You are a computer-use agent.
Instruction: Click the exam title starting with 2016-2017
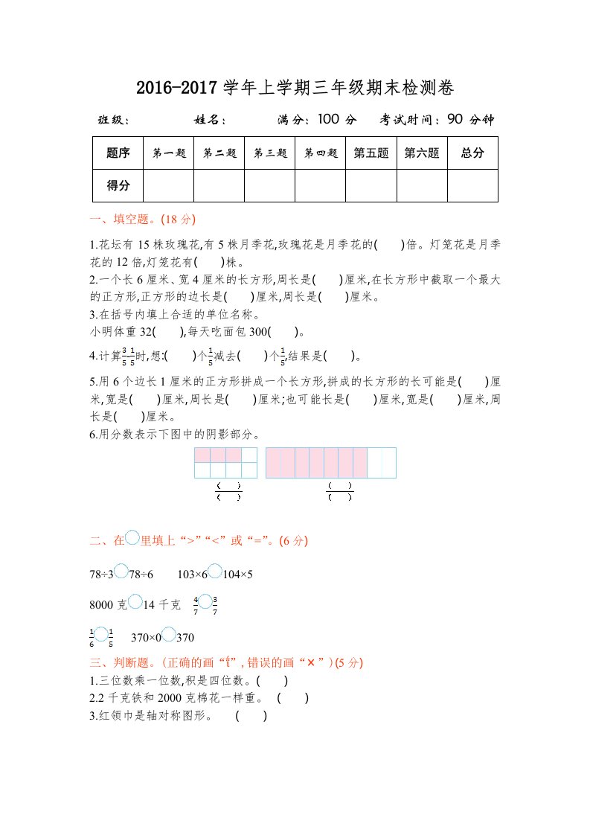[x=295, y=89]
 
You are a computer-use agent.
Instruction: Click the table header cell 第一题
[x=168, y=153]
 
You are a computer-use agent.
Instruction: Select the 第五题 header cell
[x=371, y=153]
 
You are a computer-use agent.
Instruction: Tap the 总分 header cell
[x=472, y=153]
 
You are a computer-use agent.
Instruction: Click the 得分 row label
[x=118, y=185]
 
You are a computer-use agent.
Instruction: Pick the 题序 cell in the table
[x=118, y=153]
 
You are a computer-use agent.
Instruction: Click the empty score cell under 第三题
[x=269, y=185]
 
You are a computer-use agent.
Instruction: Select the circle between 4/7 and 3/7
[x=205, y=602]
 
